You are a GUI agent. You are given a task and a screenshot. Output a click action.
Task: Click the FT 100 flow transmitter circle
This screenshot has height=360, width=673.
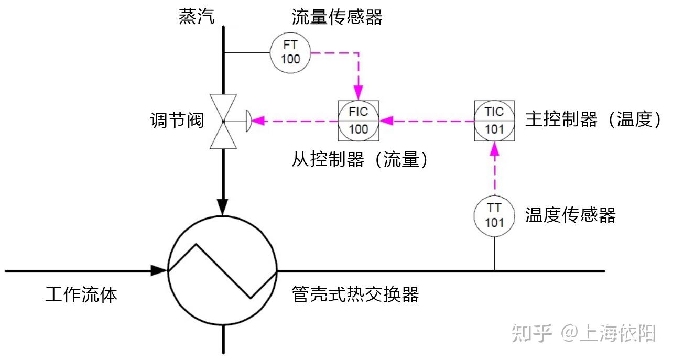(290, 53)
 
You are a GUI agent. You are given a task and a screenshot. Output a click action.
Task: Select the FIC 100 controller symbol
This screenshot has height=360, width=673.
(359, 121)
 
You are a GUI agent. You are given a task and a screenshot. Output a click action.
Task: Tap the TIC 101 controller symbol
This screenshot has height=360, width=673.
(494, 121)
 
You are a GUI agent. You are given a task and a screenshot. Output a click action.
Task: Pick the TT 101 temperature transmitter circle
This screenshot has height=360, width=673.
(494, 215)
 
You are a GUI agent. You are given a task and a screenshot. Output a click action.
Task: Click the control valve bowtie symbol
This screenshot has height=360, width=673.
(223, 121)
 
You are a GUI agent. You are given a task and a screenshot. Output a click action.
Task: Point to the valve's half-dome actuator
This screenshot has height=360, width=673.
(249, 121)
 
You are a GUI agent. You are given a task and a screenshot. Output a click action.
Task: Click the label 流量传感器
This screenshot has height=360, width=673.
(337, 17)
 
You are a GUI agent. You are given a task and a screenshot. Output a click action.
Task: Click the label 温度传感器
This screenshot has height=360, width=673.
(570, 215)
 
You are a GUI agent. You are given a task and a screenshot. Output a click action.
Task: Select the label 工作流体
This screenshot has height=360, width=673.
(81, 294)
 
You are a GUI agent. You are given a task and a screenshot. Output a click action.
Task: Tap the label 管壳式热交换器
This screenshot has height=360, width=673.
(355, 294)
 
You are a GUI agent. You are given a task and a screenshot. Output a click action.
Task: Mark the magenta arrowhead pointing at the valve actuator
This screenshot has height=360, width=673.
(260, 121)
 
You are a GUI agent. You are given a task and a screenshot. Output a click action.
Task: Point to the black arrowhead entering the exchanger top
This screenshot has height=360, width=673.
(223, 208)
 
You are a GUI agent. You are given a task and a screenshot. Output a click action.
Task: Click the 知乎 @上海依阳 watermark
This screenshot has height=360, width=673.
(583, 333)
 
